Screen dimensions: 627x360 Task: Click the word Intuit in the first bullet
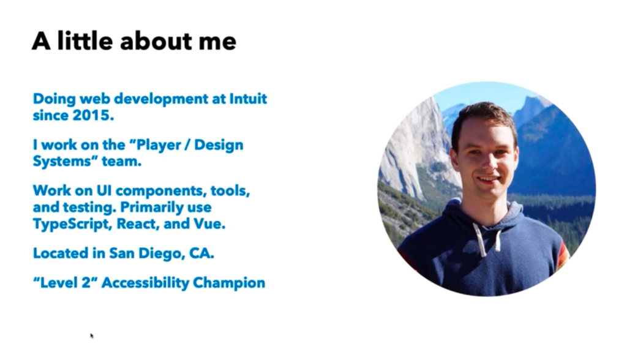pyautogui.click(x=248, y=99)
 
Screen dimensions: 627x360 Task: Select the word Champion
pyautogui.click(x=229, y=283)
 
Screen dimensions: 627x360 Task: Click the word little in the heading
pyautogui.click(x=84, y=40)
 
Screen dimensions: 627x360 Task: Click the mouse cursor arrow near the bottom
pyautogui.click(x=92, y=336)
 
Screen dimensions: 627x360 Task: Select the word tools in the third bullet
pyautogui.click(x=230, y=191)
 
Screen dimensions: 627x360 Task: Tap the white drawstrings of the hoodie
pyautogui.click(x=487, y=238)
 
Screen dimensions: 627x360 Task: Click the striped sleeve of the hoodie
pyautogui.click(x=562, y=256)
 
